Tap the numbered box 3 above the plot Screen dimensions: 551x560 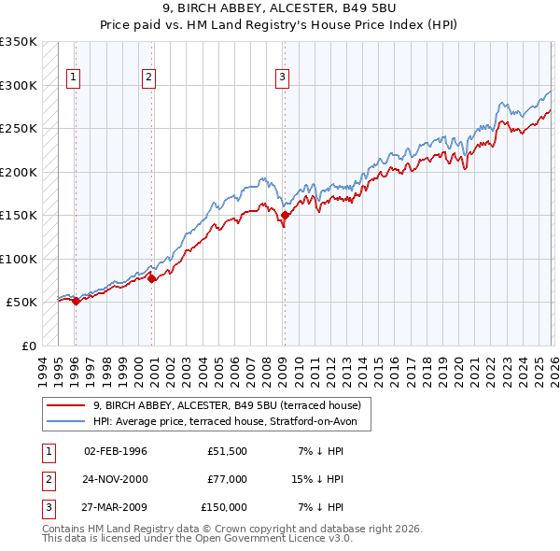tap(282, 78)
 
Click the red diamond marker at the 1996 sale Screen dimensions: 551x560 tap(76, 301)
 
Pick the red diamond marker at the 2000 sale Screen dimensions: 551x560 tap(152, 278)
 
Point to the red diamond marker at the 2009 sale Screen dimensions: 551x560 tap(285, 216)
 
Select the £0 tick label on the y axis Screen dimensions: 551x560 tap(28, 346)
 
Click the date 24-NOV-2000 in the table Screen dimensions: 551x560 tap(116, 479)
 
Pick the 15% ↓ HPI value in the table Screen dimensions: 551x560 tap(319, 479)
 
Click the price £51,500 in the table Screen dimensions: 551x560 tap(227, 451)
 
